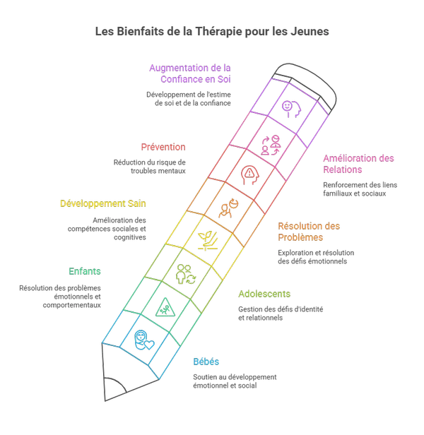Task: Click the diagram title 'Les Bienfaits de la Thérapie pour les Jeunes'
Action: point(211,32)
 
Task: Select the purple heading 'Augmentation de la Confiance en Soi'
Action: point(190,73)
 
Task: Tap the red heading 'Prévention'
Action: point(163,147)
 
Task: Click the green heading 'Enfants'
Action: point(85,270)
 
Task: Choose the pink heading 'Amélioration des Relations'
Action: point(358,164)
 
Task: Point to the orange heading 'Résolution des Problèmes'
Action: point(310,232)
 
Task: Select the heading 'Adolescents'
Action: point(264,294)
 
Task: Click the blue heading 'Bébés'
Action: point(206,362)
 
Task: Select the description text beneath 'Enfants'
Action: point(61,297)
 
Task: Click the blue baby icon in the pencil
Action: point(143,338)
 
